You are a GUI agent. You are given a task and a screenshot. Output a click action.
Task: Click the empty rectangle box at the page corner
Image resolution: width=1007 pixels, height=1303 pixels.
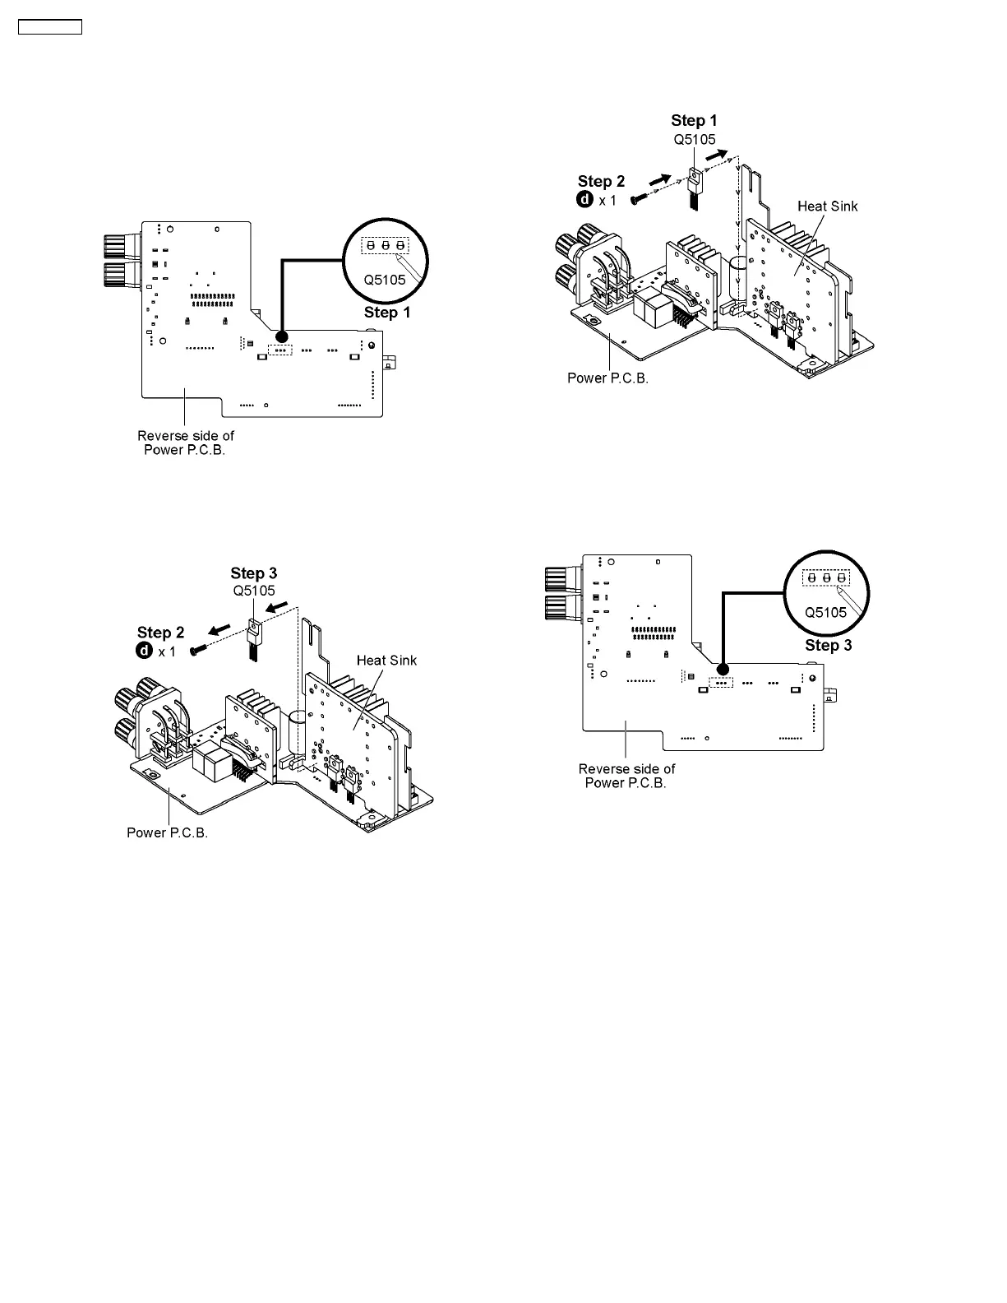50,27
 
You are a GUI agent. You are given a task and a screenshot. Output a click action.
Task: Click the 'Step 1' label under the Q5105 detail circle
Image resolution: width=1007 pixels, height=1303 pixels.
386,313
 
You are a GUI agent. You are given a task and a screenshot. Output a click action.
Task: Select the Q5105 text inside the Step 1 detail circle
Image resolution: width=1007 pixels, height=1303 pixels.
385,280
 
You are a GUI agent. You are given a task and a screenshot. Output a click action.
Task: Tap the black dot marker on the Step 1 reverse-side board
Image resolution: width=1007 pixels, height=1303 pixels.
281,337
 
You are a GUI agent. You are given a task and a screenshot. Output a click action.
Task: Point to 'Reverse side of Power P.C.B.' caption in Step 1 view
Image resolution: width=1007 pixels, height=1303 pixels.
185,443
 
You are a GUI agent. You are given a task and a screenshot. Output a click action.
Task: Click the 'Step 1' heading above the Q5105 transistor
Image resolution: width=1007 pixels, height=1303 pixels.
694,121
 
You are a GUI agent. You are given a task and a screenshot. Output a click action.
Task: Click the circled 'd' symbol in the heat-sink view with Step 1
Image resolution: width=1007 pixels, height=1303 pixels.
584,199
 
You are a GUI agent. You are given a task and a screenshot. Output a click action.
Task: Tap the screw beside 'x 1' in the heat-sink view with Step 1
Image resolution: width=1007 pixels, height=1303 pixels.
639,198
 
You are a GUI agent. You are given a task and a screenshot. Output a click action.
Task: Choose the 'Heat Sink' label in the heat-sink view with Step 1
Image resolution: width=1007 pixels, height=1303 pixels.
827,206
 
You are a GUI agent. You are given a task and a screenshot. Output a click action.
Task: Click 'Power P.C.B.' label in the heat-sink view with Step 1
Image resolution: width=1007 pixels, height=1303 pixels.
607,378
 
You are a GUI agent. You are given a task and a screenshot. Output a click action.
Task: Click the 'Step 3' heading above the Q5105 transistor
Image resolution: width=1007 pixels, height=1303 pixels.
253,573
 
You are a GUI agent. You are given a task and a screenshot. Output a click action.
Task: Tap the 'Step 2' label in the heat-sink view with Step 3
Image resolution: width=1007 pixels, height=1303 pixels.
160,633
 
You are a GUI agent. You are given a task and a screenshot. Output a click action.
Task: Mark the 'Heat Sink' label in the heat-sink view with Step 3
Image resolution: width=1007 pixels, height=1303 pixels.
386,660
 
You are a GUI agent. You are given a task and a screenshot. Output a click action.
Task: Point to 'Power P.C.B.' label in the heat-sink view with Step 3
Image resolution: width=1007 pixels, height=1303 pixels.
167,832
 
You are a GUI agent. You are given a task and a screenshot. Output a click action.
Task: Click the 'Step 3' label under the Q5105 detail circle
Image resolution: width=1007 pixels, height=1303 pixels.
828,646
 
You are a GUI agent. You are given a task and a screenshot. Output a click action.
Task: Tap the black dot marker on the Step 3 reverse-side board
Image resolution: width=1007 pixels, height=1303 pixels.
722,670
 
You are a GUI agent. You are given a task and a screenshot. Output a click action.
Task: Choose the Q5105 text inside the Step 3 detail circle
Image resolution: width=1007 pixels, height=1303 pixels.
825,613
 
